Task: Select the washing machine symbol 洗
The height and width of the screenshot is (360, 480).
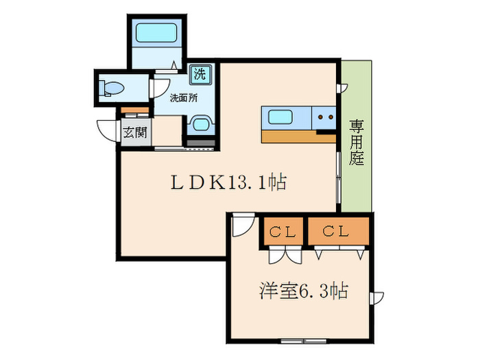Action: [x=200, y=73]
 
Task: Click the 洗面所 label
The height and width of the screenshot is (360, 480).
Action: [x=184, y=97]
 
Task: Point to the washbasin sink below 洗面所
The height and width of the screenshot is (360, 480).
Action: [x=200, y=125]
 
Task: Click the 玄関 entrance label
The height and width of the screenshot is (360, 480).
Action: [x=135, y=132]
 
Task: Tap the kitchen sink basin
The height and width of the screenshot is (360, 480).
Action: [x=281, y=117]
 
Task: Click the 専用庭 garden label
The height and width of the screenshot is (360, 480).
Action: [x=357, y=143]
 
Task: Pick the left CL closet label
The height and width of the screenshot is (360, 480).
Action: [x=281, y=232]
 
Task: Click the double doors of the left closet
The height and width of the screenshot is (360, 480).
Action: [x=282, y=255]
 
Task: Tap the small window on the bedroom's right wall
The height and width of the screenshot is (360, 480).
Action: [x=376, y=298]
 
